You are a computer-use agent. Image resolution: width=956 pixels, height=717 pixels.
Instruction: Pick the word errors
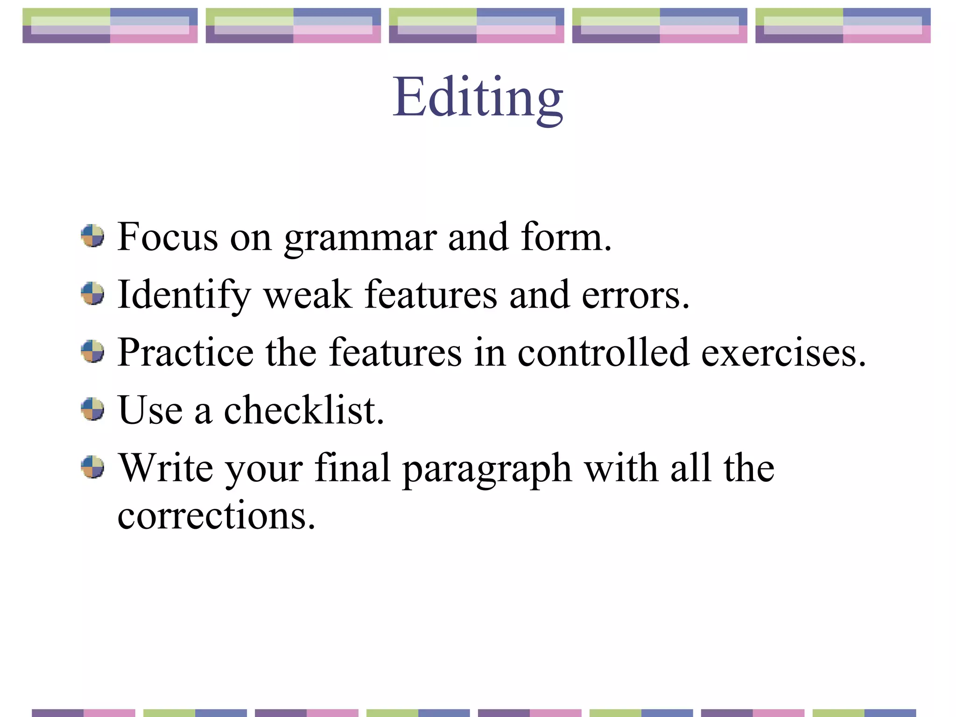tap(635, 296)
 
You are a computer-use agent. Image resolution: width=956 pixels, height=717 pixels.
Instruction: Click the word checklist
tap(304, 410)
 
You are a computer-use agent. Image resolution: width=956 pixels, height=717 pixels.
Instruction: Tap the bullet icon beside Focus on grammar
tap(92, 236)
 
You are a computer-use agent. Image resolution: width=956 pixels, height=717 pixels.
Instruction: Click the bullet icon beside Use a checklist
tap(92, 409)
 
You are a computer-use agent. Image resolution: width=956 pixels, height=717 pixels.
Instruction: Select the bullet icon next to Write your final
tap(92, 467)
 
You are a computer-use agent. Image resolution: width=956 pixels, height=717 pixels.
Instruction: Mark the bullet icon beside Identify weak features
tap(92, 294)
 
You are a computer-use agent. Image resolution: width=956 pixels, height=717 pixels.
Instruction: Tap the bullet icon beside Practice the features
tap(92, 351)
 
